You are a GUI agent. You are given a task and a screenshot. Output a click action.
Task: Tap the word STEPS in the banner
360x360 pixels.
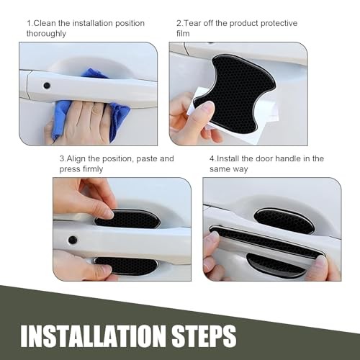(204, 336)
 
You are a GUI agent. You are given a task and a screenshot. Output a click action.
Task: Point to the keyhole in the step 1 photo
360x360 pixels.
(47, 85)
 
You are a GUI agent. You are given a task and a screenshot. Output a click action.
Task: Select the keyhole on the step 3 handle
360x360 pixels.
(73, 240)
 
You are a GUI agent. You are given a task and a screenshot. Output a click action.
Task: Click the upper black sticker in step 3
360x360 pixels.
(127, 219)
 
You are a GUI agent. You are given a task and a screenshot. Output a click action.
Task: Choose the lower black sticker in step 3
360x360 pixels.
(125, 266)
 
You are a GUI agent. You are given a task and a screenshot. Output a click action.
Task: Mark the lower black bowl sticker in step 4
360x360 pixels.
(276, 265)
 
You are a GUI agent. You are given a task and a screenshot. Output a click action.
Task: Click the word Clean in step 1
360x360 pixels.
(45, 23)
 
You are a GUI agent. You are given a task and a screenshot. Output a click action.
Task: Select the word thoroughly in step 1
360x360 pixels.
(46, 34)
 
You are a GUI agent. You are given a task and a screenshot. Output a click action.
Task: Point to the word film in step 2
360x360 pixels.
(183, 33)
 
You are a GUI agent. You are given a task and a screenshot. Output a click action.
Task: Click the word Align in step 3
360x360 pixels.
(76, 159)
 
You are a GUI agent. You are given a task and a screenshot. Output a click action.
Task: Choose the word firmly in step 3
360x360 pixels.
(91, 169)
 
